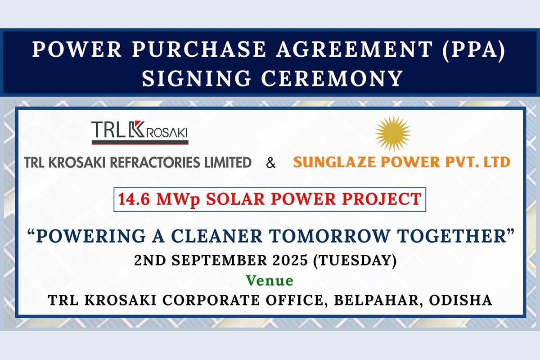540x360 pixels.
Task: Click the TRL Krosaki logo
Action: click(140, 131)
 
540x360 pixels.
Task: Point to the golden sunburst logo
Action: click(392, 133)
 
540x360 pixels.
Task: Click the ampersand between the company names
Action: click(271, 163)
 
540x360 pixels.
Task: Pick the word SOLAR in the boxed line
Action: click(230, 198)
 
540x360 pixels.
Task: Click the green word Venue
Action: click(270, 281)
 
